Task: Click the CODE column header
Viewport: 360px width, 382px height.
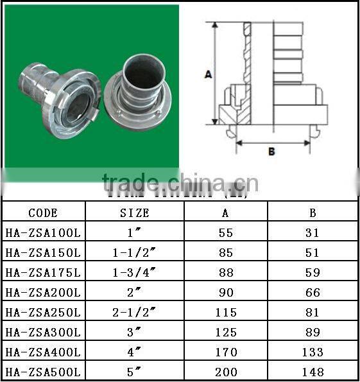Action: (x=44, y=213)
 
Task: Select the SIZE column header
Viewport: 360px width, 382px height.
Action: (x=135, y=213)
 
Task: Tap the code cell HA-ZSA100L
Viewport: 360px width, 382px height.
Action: (x=44, y=233)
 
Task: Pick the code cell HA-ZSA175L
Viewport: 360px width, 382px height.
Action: (x=44, y=273)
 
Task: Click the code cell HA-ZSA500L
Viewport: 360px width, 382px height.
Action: (x=44, y=372)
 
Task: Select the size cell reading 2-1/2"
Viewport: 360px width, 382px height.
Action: (x=135, y=313)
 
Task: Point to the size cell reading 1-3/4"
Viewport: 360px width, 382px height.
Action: (x=135, y=273)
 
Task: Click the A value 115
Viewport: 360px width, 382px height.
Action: (x=226, y=313)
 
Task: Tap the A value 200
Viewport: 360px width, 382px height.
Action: (x=226, y=372)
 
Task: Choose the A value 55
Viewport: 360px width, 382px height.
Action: (x=226, y=233)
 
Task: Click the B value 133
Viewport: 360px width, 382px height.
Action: (x=313, y=352)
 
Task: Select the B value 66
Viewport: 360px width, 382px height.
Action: (x=313, y=293)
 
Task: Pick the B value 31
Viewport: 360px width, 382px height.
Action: (x=313, y=233)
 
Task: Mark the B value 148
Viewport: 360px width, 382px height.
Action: (x=313, y=372)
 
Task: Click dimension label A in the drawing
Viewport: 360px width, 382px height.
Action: (x=208, y=74)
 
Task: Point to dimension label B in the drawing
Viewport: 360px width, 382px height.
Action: (x=271, y=152)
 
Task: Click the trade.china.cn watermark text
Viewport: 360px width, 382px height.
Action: (x=180, y=182)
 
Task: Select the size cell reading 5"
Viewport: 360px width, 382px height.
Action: (x=135, y=372)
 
